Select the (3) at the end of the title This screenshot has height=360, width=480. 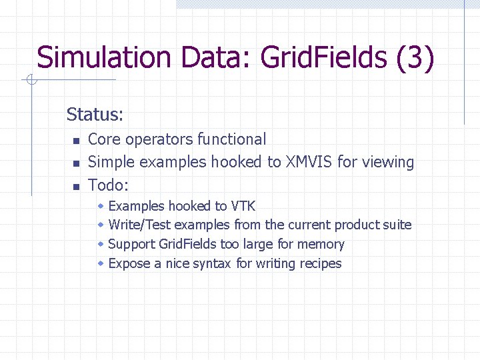tap(415, 57)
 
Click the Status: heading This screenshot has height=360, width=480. tap(95, 115)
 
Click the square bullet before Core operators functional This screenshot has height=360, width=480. tap(77, 141)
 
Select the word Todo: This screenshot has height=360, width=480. tap(108, 185)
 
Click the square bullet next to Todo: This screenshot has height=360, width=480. tap(77, 186)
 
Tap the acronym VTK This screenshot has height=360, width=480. tap(243, 206)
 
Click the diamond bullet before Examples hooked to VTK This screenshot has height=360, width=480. tap(101, 206)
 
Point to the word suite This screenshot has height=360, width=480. tap(396, 225)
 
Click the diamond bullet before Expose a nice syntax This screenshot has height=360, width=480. tap(101, 264)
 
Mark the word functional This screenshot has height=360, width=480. tap(231, 139)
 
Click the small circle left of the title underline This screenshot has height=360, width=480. tap(31, 81)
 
